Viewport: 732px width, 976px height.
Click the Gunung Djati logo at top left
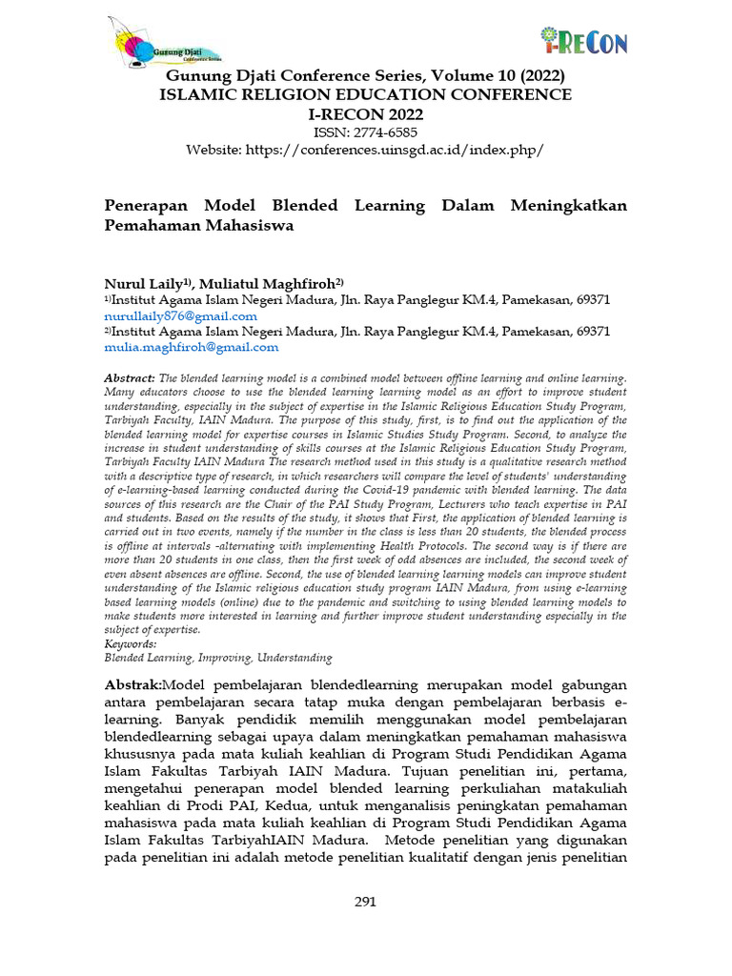pyautogui.click(x=164, y=43)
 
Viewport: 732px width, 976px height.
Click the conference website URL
pyautogui.click(x=365, y=151)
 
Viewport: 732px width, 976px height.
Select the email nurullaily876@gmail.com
pyautogui.click(x=180, y=315)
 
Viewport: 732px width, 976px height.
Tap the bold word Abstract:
pyautogui.click(x=129, y=378)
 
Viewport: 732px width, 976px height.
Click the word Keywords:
pyautogui.click(x=130, y=643)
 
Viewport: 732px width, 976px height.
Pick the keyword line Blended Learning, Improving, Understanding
pyautogui.click(x=217, y=657)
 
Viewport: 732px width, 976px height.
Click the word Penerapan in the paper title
pyautogui.click(x=148, y=206)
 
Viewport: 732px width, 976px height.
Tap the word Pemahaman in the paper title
pyautogui.click(x=152, y=226)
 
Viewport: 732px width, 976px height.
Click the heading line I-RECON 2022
pyautogui.click(x=365, y=114)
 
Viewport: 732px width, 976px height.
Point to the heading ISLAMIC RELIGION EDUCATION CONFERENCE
pyautogui.click(x=365, y=94)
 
